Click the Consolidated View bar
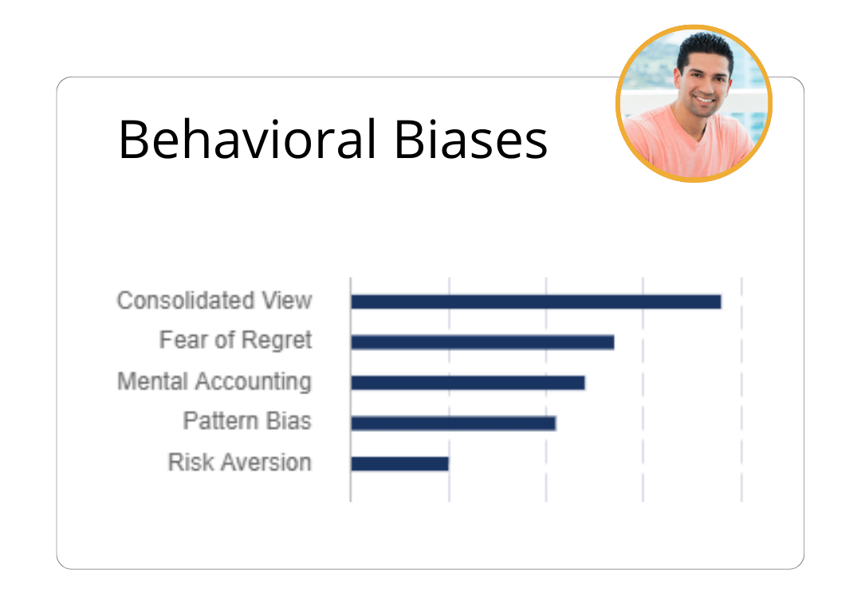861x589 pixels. tap(536, 302)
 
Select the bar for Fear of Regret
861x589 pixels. tap(482, 342)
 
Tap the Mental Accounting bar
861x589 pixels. tap(468, 383)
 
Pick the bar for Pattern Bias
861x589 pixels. tap(454, 423)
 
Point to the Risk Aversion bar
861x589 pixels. tap(399, 464)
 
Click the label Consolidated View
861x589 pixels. tap(214, 301)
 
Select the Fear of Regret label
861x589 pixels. tap(235, 341)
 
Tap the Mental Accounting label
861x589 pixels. tap(214, 381)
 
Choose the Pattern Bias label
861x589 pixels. tap(247, 421)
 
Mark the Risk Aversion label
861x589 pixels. tap(239, 463)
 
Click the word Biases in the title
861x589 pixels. tap(470, 139)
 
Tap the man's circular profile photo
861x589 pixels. tap(694, 104)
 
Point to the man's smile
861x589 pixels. tap(704, 99)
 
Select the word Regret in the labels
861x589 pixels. tap(277, 341)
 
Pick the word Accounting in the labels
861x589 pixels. tap(254, 381)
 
